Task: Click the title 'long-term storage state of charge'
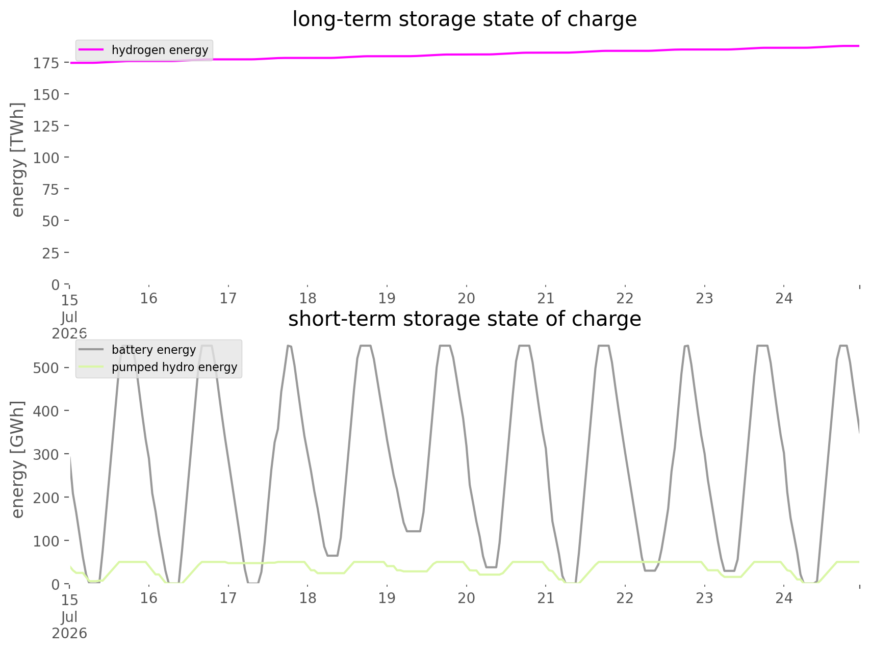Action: (x=464, y=19)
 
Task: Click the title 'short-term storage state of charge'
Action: (x=464, y=319)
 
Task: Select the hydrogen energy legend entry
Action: (x=144, y=50)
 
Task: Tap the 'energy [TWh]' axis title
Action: (x=18, y=159)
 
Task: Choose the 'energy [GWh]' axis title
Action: (x=18, y=459)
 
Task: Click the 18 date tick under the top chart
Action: (x=308, y=298)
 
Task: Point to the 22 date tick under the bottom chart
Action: (x=625, y=598)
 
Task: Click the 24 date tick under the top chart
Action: (x=784, y=298)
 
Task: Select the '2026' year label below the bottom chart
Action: (x=69, y=634)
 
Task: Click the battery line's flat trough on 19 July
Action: (x=413, y=531)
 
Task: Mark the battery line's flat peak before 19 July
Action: (x=365, y=346)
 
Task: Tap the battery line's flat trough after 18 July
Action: (x=332, y=555)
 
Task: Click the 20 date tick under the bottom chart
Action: (x=467, y=598)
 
